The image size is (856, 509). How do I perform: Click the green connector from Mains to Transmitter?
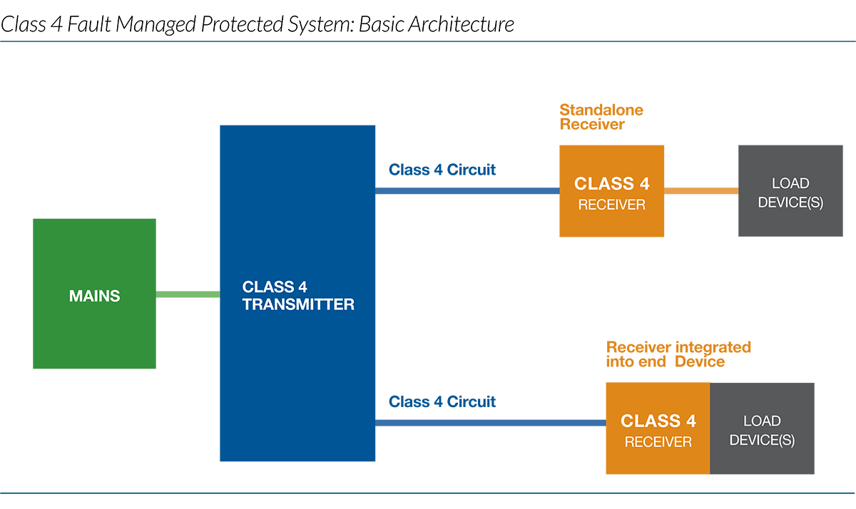click(188, 294)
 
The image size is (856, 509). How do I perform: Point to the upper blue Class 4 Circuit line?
click(467, 191)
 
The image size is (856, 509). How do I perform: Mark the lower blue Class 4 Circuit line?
click(490, 423)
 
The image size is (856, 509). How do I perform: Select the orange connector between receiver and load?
click(701, 191)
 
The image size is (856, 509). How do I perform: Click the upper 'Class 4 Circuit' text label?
click(442, 170)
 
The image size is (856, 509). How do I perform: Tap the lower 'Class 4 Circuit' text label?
click(442, 402)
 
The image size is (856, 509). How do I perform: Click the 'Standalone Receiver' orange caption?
click(601, 117)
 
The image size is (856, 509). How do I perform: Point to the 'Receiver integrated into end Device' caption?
click(678, 354)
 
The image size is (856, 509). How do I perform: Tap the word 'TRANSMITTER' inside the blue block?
click(298, 304)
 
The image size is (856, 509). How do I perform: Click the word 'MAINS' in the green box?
click(94, 296)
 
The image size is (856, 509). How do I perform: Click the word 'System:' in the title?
click(325, 24)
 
